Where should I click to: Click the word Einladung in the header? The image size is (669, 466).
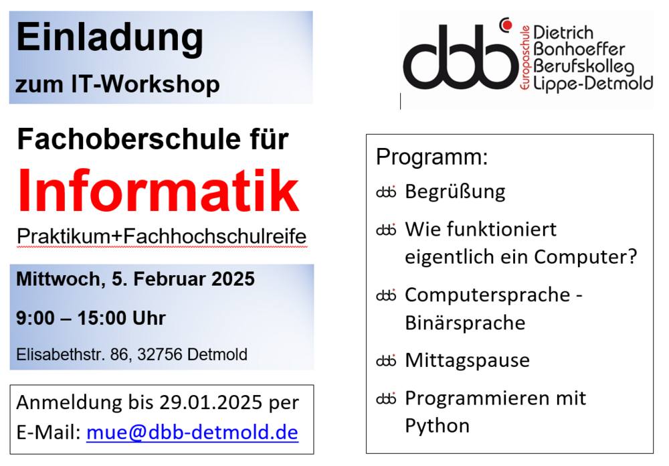(110, 39)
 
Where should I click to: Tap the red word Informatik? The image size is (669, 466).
(159, 191)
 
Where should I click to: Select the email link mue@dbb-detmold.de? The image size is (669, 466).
(192, 433)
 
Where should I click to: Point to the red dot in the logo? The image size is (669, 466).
(507, 25)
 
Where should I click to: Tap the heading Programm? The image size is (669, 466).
(432, 157)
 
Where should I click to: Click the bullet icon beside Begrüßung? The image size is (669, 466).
(386, 192)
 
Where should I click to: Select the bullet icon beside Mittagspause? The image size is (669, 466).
(386, 361)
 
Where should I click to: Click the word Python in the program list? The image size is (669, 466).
(438, 426)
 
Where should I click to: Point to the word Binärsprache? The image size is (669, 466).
(465, 323)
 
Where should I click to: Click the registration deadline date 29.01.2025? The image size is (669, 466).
(211, 402)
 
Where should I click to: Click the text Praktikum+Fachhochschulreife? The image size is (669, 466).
(162, 236)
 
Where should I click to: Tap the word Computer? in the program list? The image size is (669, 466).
(585, 256)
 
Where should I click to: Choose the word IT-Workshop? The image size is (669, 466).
(145, 84)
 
